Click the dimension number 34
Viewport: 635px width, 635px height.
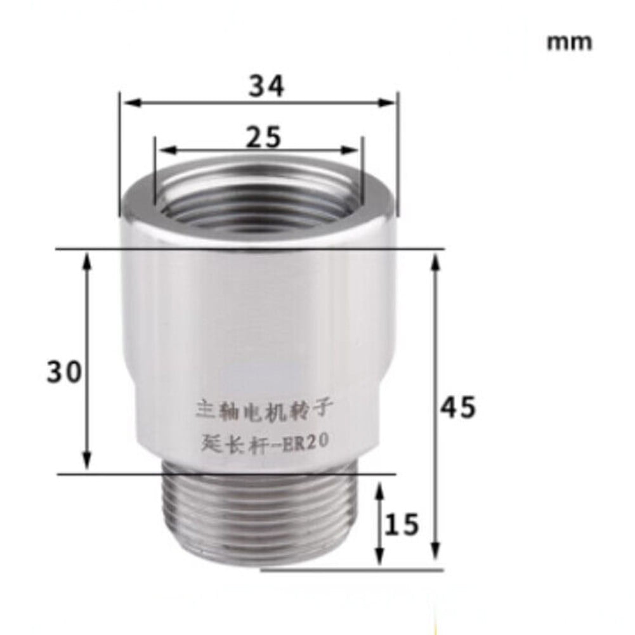click(266, 86)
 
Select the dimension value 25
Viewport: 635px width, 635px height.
click(263, 136)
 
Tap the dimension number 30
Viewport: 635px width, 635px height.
click(64, 372)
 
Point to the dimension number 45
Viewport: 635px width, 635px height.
click(458, 408)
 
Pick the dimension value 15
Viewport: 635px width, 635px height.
click(402, 525)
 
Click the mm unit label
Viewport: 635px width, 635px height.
click(569, 42)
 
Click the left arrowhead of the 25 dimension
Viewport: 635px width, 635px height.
click(162, 150)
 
